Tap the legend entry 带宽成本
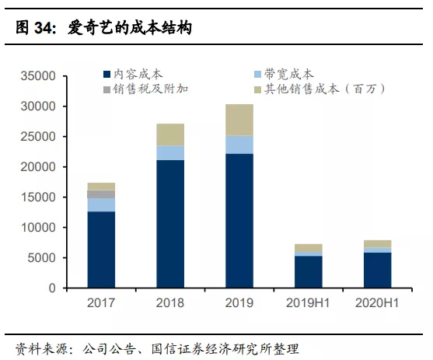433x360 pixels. tap(288, 74)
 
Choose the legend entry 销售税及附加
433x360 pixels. tap(150, 89)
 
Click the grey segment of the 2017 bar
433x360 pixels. tap(101, 194)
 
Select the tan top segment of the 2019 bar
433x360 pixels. tap(239, 120)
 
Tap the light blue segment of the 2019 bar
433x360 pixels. tap(239, 145)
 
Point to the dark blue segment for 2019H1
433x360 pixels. tap(308, 272)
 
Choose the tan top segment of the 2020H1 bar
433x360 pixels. tap(377, 244)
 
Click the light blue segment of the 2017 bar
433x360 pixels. tap(101, 204)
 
